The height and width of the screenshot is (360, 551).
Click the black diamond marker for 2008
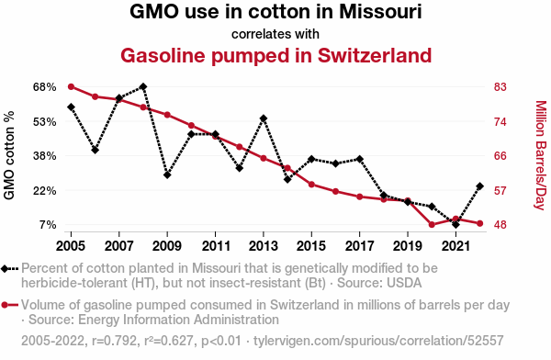pos(143,86)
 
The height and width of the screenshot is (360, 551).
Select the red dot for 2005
pos(71,87)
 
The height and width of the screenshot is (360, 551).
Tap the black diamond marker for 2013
pos(264,118)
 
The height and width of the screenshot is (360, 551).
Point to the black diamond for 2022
pos(479,186)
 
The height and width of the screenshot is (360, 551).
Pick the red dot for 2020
pos(432,225)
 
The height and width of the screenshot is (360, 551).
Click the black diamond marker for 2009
pos(167,174)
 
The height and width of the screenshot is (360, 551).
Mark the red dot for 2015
pos(311,185)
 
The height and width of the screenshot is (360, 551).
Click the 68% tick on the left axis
pos(45,87)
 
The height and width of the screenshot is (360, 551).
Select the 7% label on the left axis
pos(48,225)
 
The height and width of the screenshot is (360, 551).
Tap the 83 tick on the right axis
pos(500,87)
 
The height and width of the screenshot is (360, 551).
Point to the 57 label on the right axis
pos(500,191)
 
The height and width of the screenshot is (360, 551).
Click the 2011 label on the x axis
pos(216,246)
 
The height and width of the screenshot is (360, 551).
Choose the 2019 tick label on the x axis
pos(408,246)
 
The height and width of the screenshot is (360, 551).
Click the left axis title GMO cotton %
pos(9,155)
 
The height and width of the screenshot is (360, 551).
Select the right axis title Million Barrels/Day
pos(541,155)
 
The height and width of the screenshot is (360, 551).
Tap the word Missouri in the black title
pos(380,12)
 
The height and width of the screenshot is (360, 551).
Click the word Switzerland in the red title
pos(375,55)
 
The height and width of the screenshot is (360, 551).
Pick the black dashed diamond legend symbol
pos(9,269)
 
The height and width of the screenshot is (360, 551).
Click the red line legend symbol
pos(9,305)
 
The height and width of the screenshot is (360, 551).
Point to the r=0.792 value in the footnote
pos(114,341)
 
